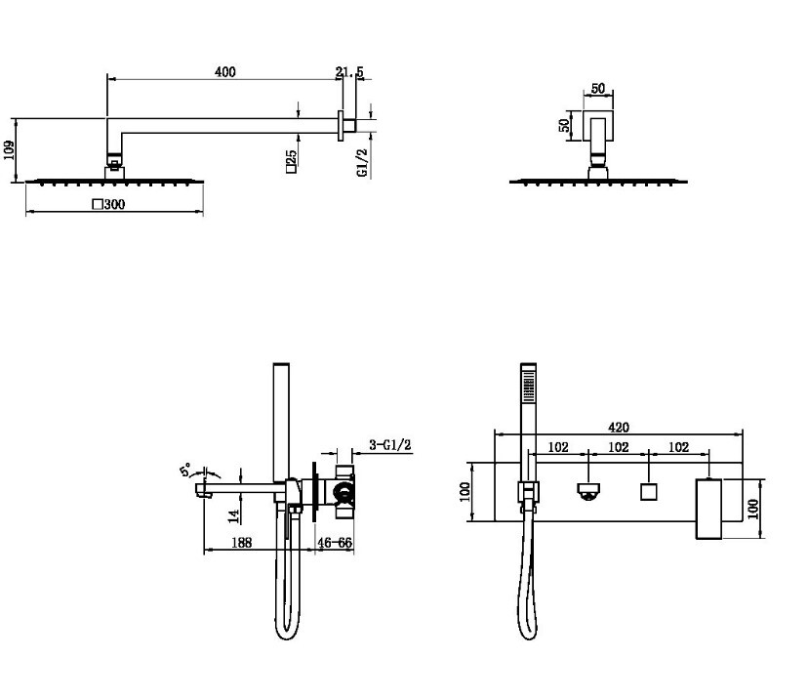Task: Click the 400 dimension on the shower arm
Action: click(225, 71)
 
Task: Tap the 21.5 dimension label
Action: click(350, 72)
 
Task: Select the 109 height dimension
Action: click(10, 150)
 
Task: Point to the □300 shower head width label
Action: click(108, 204)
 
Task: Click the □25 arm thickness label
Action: click(291, 161)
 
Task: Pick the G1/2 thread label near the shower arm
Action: click(362, 163)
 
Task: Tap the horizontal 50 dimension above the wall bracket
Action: click(598, 89)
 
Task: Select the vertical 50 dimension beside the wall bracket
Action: click(565, 125)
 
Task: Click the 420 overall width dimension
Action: click(619, 428)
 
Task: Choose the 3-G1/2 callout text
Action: click(390, 444)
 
